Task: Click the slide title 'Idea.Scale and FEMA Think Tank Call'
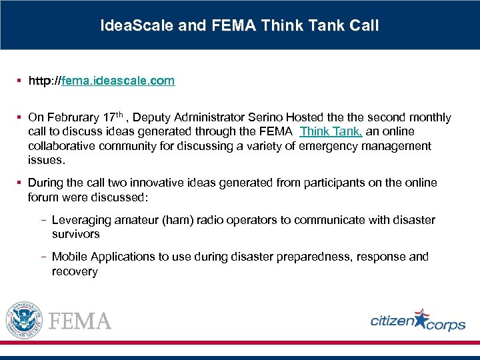click(239, 26)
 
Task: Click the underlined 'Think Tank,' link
click(331, 131)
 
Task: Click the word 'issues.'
click(47, 160)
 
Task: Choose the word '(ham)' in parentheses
click(176, 220)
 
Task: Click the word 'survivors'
click(75, 234)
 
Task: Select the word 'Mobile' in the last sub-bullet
click(69, 257)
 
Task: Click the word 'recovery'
click(75, 271)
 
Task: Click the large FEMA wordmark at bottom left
click(81, 321)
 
